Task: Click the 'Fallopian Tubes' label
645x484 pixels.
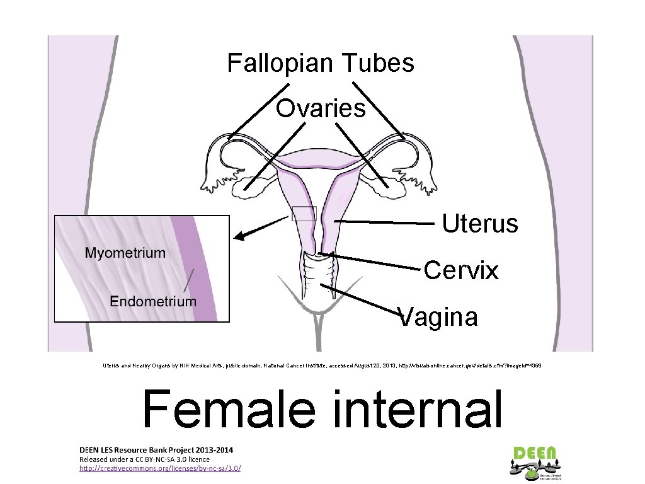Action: point(321,63)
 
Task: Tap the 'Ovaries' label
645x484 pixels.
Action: point(321,108)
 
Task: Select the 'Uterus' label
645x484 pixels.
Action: point(480,223)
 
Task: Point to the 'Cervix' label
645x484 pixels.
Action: point(461,270)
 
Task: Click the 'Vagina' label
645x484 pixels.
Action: point(440,316)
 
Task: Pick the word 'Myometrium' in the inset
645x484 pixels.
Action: point(125,253)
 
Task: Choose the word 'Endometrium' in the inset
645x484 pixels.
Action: point(153,301)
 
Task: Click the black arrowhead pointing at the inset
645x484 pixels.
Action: point(239,237)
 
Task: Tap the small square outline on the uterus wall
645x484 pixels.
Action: point(303,214)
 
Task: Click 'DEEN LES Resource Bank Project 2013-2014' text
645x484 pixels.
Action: point(156,450)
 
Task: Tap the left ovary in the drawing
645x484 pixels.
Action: point(244,185)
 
